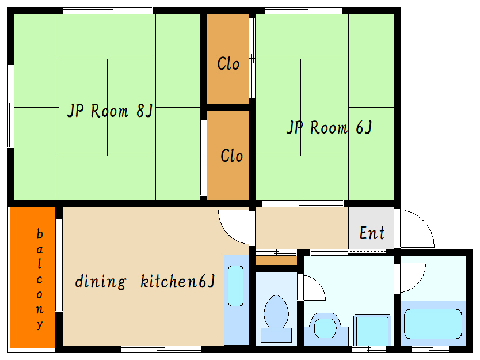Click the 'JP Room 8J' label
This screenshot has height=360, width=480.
pos(109,111)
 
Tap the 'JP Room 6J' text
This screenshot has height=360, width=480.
pos(329,127)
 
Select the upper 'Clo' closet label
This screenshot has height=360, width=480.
pos(228,63)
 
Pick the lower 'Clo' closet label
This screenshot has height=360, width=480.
pos(231,156)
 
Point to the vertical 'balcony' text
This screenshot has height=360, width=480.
pos(39,279)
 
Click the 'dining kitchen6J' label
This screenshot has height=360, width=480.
pos(144,282)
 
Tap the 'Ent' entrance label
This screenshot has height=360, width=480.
pos(372,233)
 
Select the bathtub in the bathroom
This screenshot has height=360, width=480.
pos(433,324)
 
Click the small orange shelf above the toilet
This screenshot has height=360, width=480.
pos(276,260)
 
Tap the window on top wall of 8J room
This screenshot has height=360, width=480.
pos(108,10)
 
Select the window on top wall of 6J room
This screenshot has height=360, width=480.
pos(303,10)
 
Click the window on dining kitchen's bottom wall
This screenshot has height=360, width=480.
pos(161,348)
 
